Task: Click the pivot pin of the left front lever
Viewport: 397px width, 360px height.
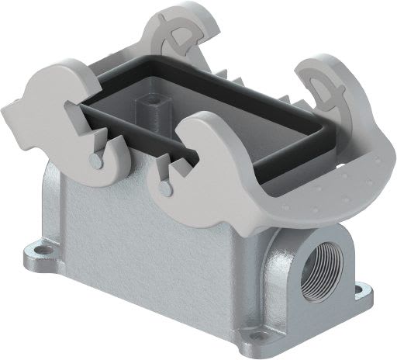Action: click(94, 161)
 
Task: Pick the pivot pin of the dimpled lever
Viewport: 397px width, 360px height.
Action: click(163, 187)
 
